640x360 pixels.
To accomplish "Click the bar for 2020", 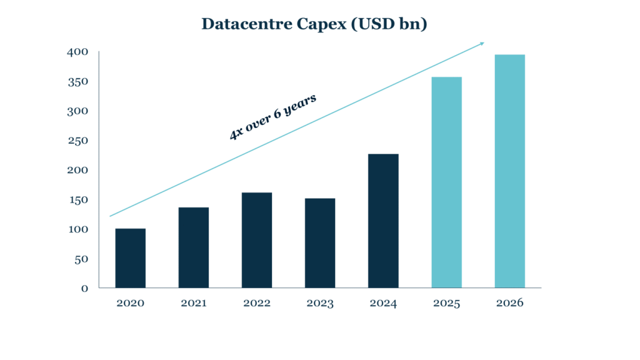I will (x=131, y=258).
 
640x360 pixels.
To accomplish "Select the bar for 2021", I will (x=194, y=247).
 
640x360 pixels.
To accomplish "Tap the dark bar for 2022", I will (x=257, y=240).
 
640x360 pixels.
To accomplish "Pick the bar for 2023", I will (x=320, y=243).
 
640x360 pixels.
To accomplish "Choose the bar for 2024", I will (x=383, y=221).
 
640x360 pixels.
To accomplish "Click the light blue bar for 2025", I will (x=447, y=182).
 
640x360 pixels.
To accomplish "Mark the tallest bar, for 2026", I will (x=510, y=171).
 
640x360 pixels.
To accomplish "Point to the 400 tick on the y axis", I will (x=78, y=52).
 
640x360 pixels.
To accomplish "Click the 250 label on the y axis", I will (x=78, y=141).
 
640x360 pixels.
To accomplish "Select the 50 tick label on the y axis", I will (x=81, y=259).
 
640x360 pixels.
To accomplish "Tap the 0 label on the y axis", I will (x=84, y=289).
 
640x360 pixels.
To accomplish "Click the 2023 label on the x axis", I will (x=320, y=304).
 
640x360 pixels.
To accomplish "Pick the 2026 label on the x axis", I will (x=510, y=304).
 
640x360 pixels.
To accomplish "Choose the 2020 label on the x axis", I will (x=131, y=304).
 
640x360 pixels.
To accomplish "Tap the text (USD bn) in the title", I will (x=396, y=24).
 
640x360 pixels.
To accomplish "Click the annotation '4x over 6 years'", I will (x=273, y=117).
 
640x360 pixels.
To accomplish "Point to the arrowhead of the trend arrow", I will (x=482, y=43).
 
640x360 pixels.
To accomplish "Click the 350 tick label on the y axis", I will (x=78, y=82).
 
